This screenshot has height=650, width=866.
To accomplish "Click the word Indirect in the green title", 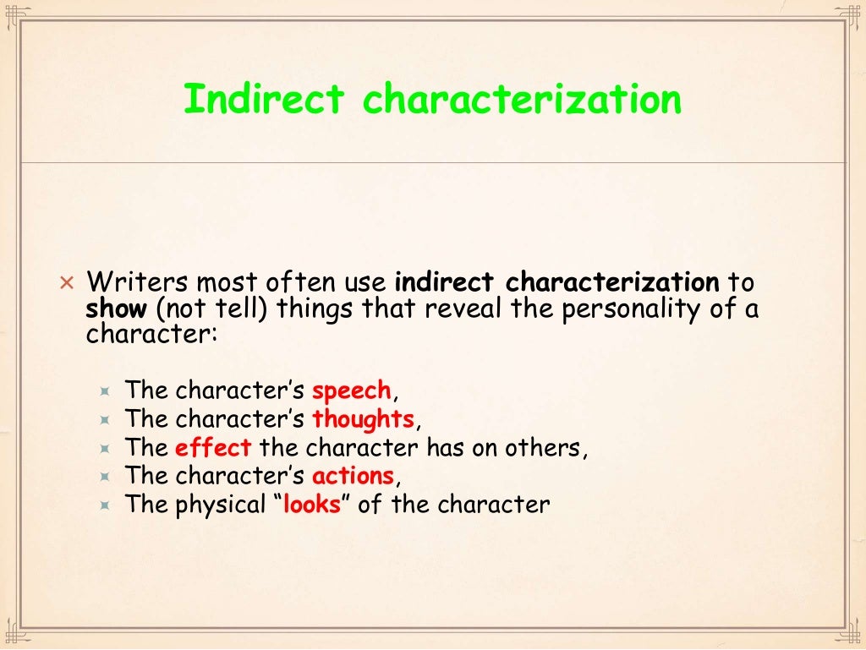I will tap(264, 100).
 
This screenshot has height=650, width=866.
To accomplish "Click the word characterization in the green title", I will tap(522, 100).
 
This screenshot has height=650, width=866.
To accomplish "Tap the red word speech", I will tap(352, 391).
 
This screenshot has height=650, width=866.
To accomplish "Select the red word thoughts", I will tap(363, 419).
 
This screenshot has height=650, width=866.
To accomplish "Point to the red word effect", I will tap(213, 448).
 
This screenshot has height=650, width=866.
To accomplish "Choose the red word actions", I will tap(353, 476).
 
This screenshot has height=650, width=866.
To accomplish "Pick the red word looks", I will tap(311, 505).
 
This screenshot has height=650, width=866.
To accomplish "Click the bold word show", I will tap(116, 309).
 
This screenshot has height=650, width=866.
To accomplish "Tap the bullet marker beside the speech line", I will tap(105, 392).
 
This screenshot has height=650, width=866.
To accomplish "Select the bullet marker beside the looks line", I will tap(105, 505).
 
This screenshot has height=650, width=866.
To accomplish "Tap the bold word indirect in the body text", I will tap(447, 281).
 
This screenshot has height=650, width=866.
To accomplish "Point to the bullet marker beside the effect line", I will tap(105, 449).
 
